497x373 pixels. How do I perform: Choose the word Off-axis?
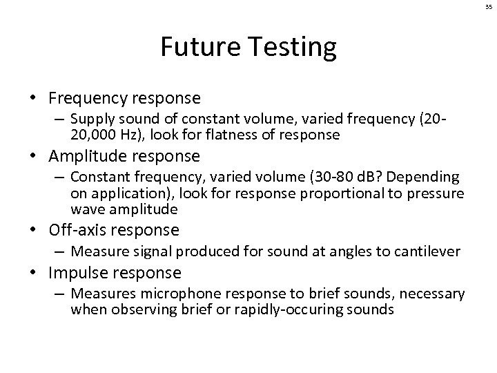coord(74,229)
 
